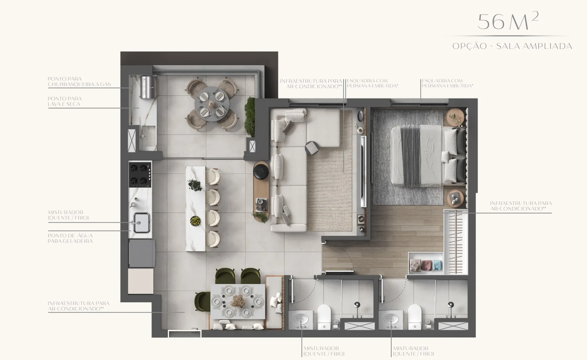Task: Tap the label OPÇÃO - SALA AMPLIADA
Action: coord(512,46)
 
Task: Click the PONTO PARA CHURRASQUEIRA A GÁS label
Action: coord(79,82)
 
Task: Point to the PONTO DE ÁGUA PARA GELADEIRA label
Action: coord(70,238)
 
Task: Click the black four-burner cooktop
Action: coord(140,174)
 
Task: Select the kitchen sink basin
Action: coord(141,223)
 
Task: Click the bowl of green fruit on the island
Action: coord(195,221)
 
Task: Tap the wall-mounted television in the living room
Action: coord(363,171)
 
